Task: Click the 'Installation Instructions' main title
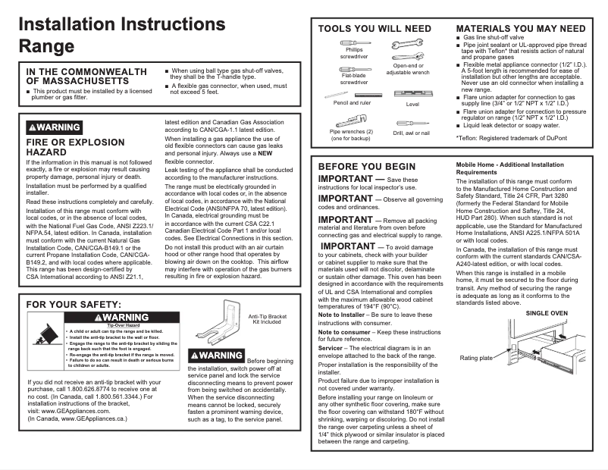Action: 121,23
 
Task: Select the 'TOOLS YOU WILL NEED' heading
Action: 374,29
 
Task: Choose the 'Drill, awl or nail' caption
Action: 411,133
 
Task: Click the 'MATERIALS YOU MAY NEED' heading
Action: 520,29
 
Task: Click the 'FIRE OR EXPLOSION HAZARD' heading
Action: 74,147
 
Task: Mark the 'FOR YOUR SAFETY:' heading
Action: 74,305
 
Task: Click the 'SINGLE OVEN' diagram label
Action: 547,313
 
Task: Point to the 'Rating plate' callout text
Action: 476,358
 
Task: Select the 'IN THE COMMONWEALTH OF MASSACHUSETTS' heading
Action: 86,76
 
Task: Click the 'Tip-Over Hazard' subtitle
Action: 124,324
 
